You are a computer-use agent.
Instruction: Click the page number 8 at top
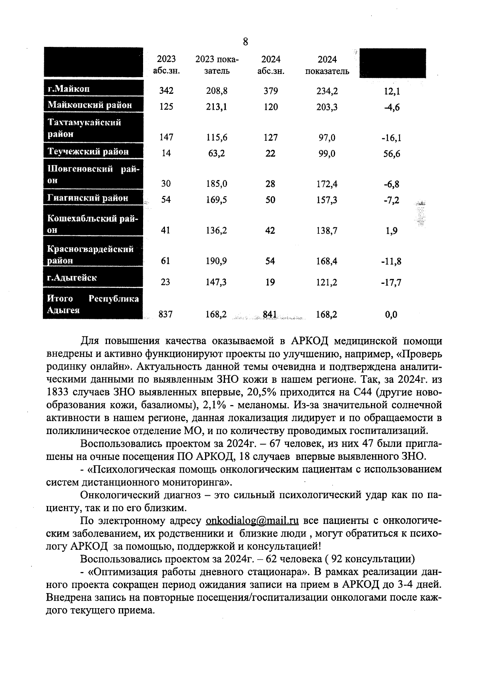pos(245,41)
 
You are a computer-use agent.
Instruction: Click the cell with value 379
pos(271,91)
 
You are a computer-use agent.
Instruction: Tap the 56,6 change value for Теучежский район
pos(392,154)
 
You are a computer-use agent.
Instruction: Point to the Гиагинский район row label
pos(88,198)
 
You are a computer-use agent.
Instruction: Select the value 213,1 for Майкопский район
pos(217,107)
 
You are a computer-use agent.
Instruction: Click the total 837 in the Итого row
pos(165,314)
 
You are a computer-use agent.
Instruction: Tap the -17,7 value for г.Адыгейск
pos(392,283)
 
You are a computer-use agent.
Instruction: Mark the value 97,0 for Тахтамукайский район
pos(327,138)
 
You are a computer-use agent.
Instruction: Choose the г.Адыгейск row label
pos(72,277)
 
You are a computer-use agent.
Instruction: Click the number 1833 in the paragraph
pos(58,392)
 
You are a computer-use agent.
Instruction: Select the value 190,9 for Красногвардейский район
pos(217,261)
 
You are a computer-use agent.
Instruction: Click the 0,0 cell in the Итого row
pos(391,315)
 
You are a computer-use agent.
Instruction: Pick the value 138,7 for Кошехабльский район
pos(327,231)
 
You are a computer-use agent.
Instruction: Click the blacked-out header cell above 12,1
pos(392,63)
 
